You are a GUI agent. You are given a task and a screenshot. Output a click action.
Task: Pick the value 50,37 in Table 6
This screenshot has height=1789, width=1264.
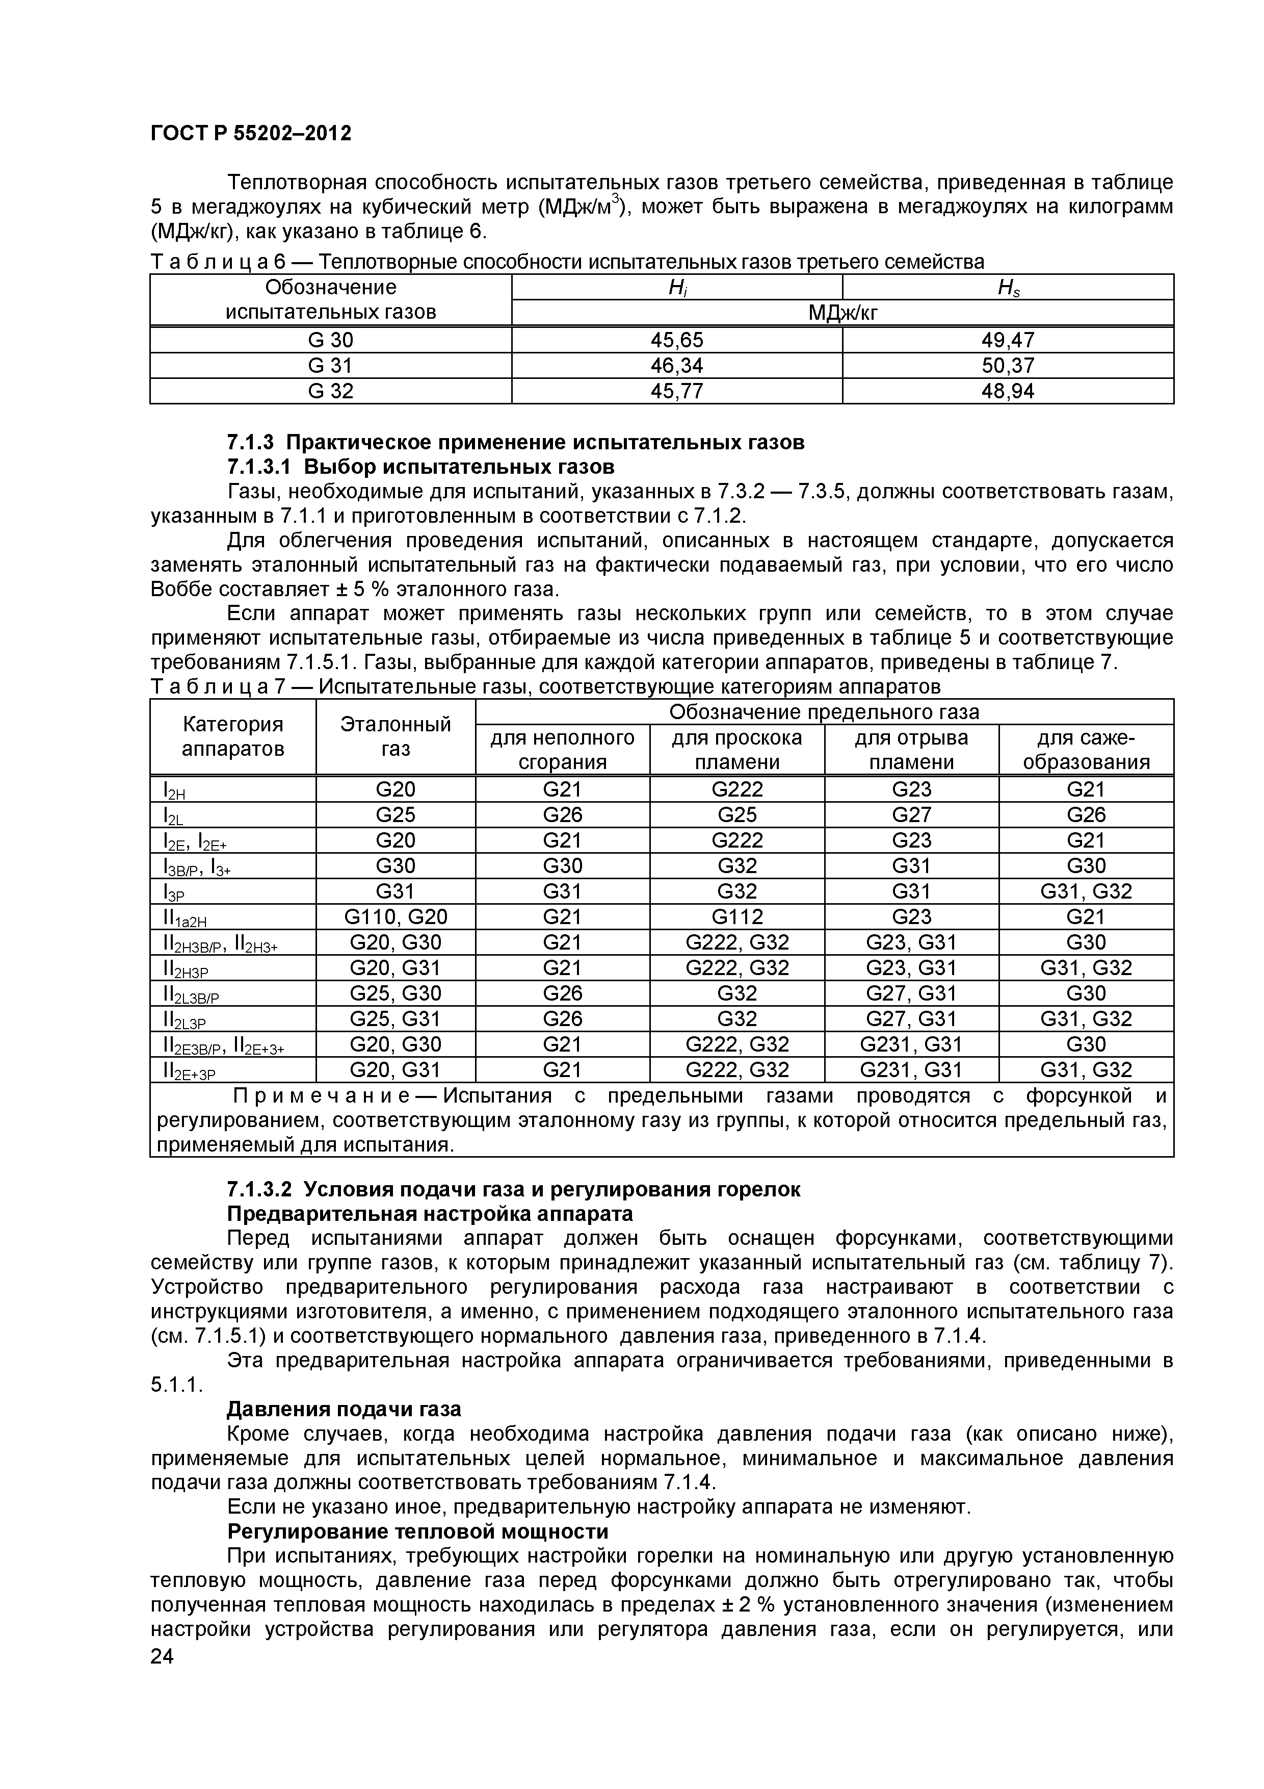[x=1007, y=366]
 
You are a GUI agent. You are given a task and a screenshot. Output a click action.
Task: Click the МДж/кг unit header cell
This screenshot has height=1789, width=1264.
[x=842, y=313]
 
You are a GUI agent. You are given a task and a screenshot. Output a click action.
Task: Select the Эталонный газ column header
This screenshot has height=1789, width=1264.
[x=395, y=736]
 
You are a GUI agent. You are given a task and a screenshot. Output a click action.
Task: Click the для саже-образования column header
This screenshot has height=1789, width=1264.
[x=1086, y=750]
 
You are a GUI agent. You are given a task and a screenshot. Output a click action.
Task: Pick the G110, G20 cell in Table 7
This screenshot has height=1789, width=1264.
[x=395, y=917]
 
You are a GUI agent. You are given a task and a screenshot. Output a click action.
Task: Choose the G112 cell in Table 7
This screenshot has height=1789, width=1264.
[x=737, y=917]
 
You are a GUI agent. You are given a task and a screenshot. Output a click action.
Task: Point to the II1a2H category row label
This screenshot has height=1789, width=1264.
[x=185, y=918]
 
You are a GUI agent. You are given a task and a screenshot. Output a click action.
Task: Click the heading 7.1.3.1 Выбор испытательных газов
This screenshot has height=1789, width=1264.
[x=420, y=467]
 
